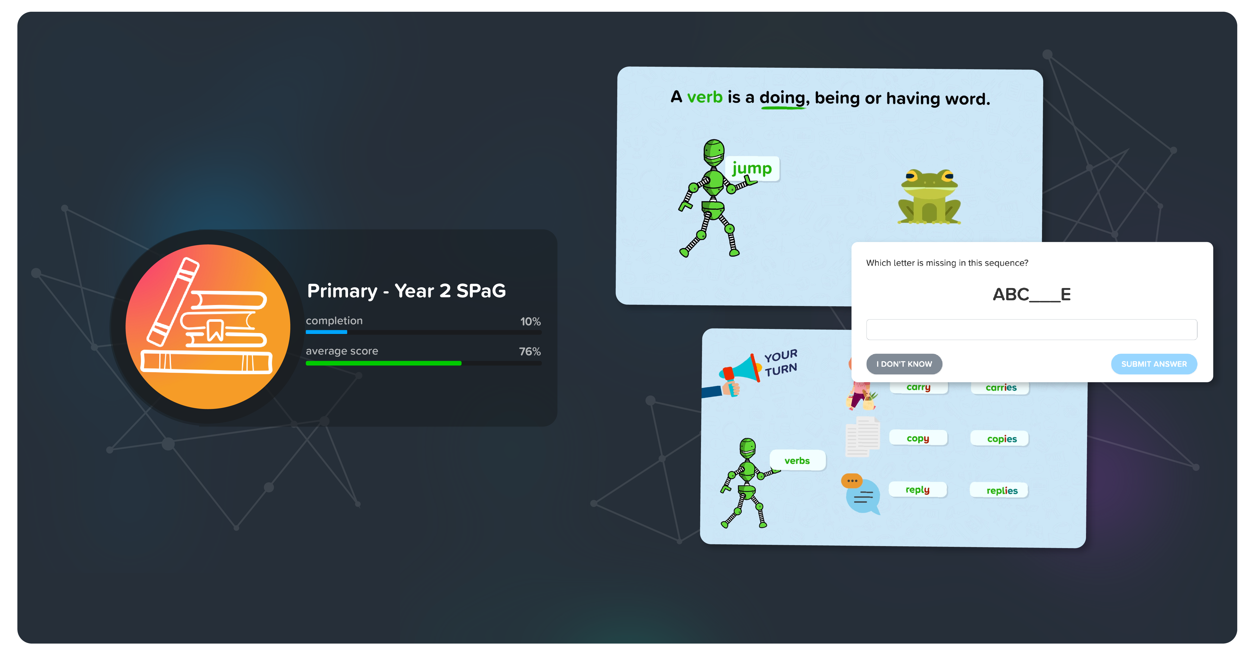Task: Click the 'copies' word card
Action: point(1001,439)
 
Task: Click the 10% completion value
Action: point(530,322)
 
